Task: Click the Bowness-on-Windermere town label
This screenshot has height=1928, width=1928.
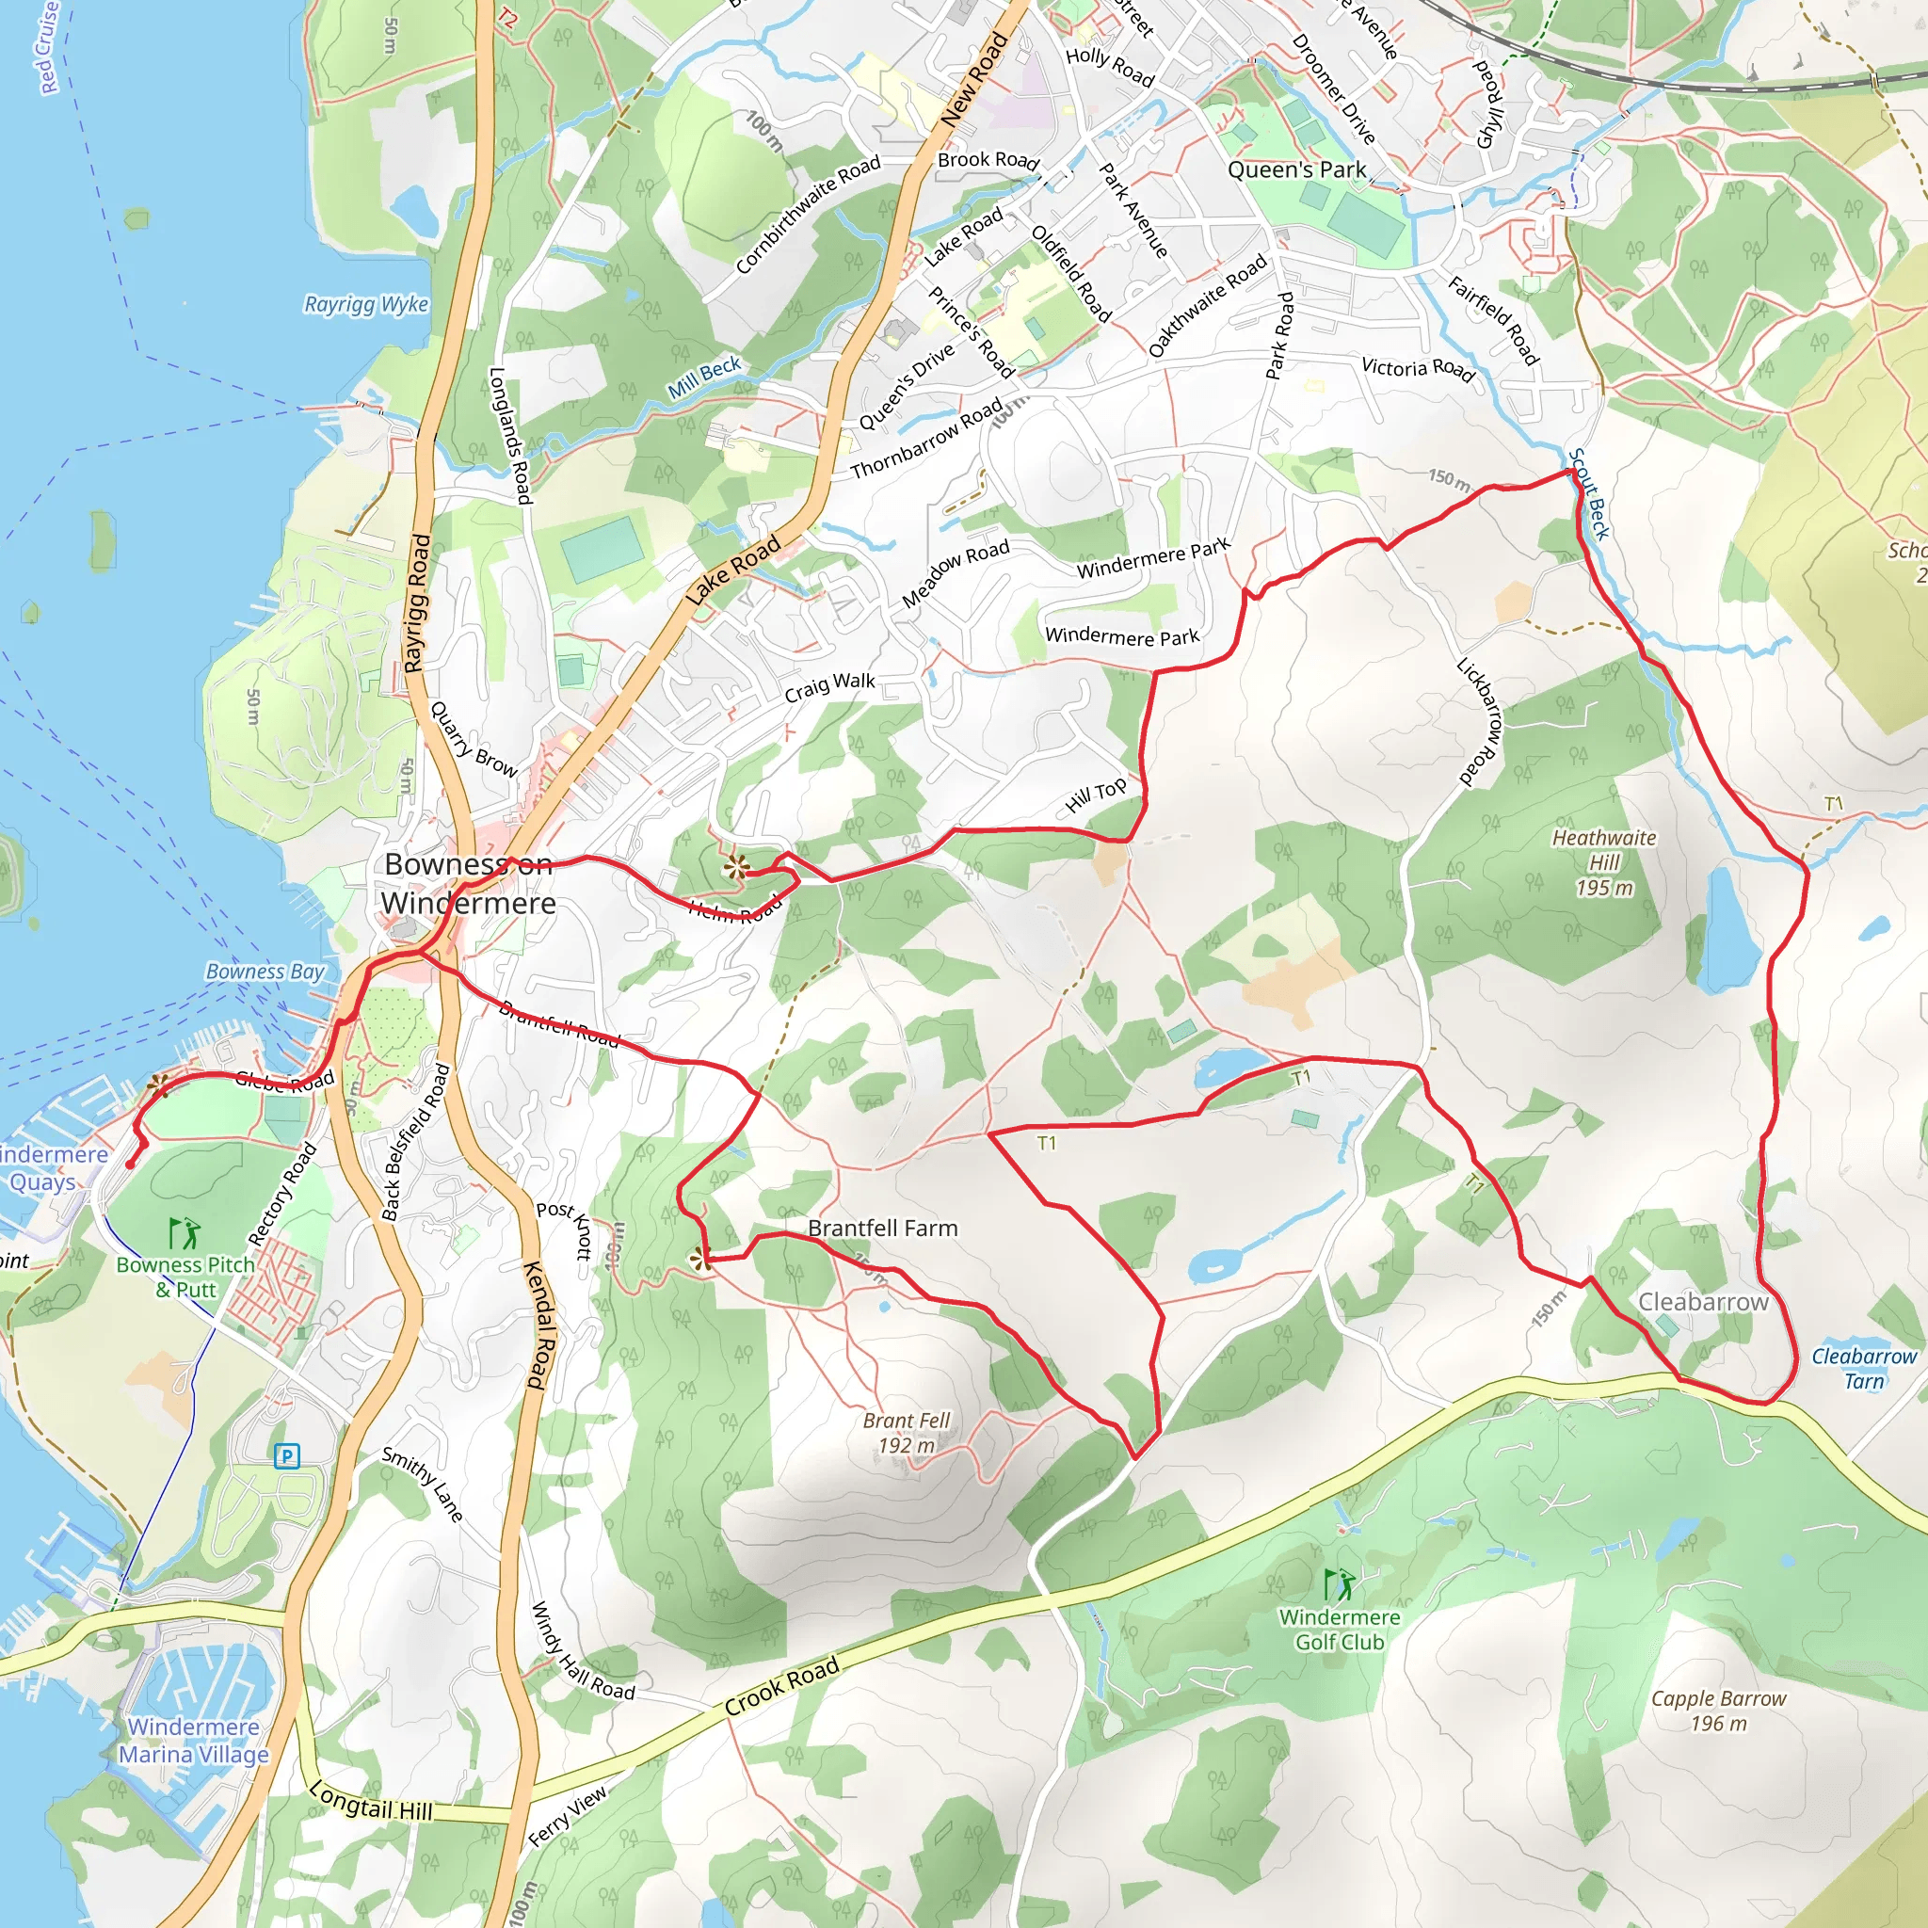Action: (468, 883)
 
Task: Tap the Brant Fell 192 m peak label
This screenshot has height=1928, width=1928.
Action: (907, 1433)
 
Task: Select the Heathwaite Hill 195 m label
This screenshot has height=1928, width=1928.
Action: (1603, 862)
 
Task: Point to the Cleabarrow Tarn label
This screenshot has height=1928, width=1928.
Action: (1863, 1368)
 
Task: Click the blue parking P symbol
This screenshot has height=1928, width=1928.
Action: (287, 1456)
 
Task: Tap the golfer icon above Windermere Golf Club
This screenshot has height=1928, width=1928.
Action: (1339, 1583)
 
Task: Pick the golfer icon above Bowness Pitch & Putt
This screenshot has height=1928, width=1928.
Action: (185, 1233)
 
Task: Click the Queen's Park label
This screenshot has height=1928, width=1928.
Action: (1296, 169)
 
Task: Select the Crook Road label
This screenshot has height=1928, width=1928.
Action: (781, 1686)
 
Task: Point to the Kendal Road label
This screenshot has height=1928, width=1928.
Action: (537, 1325)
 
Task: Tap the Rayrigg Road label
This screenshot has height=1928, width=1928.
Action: (417, 602)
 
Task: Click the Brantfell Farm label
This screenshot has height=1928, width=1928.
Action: (882, 1229)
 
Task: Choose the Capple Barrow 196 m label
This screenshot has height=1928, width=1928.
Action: (1717, 1711)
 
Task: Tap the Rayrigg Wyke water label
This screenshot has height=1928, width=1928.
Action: (366, 304)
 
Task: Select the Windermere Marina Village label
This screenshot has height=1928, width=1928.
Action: (194, 1741)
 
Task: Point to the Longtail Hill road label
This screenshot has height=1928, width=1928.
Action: (371, 1801)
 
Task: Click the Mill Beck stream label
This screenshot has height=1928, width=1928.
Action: (704, 378)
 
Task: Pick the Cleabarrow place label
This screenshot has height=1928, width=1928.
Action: (1702, 1301)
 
